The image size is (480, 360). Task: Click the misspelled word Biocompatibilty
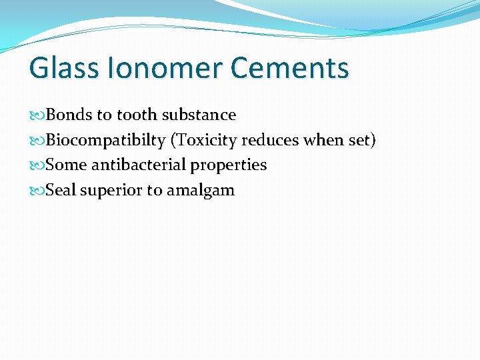(105, 141)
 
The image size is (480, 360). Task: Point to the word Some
(67, 165)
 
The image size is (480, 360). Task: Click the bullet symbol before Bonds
(37, 115)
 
